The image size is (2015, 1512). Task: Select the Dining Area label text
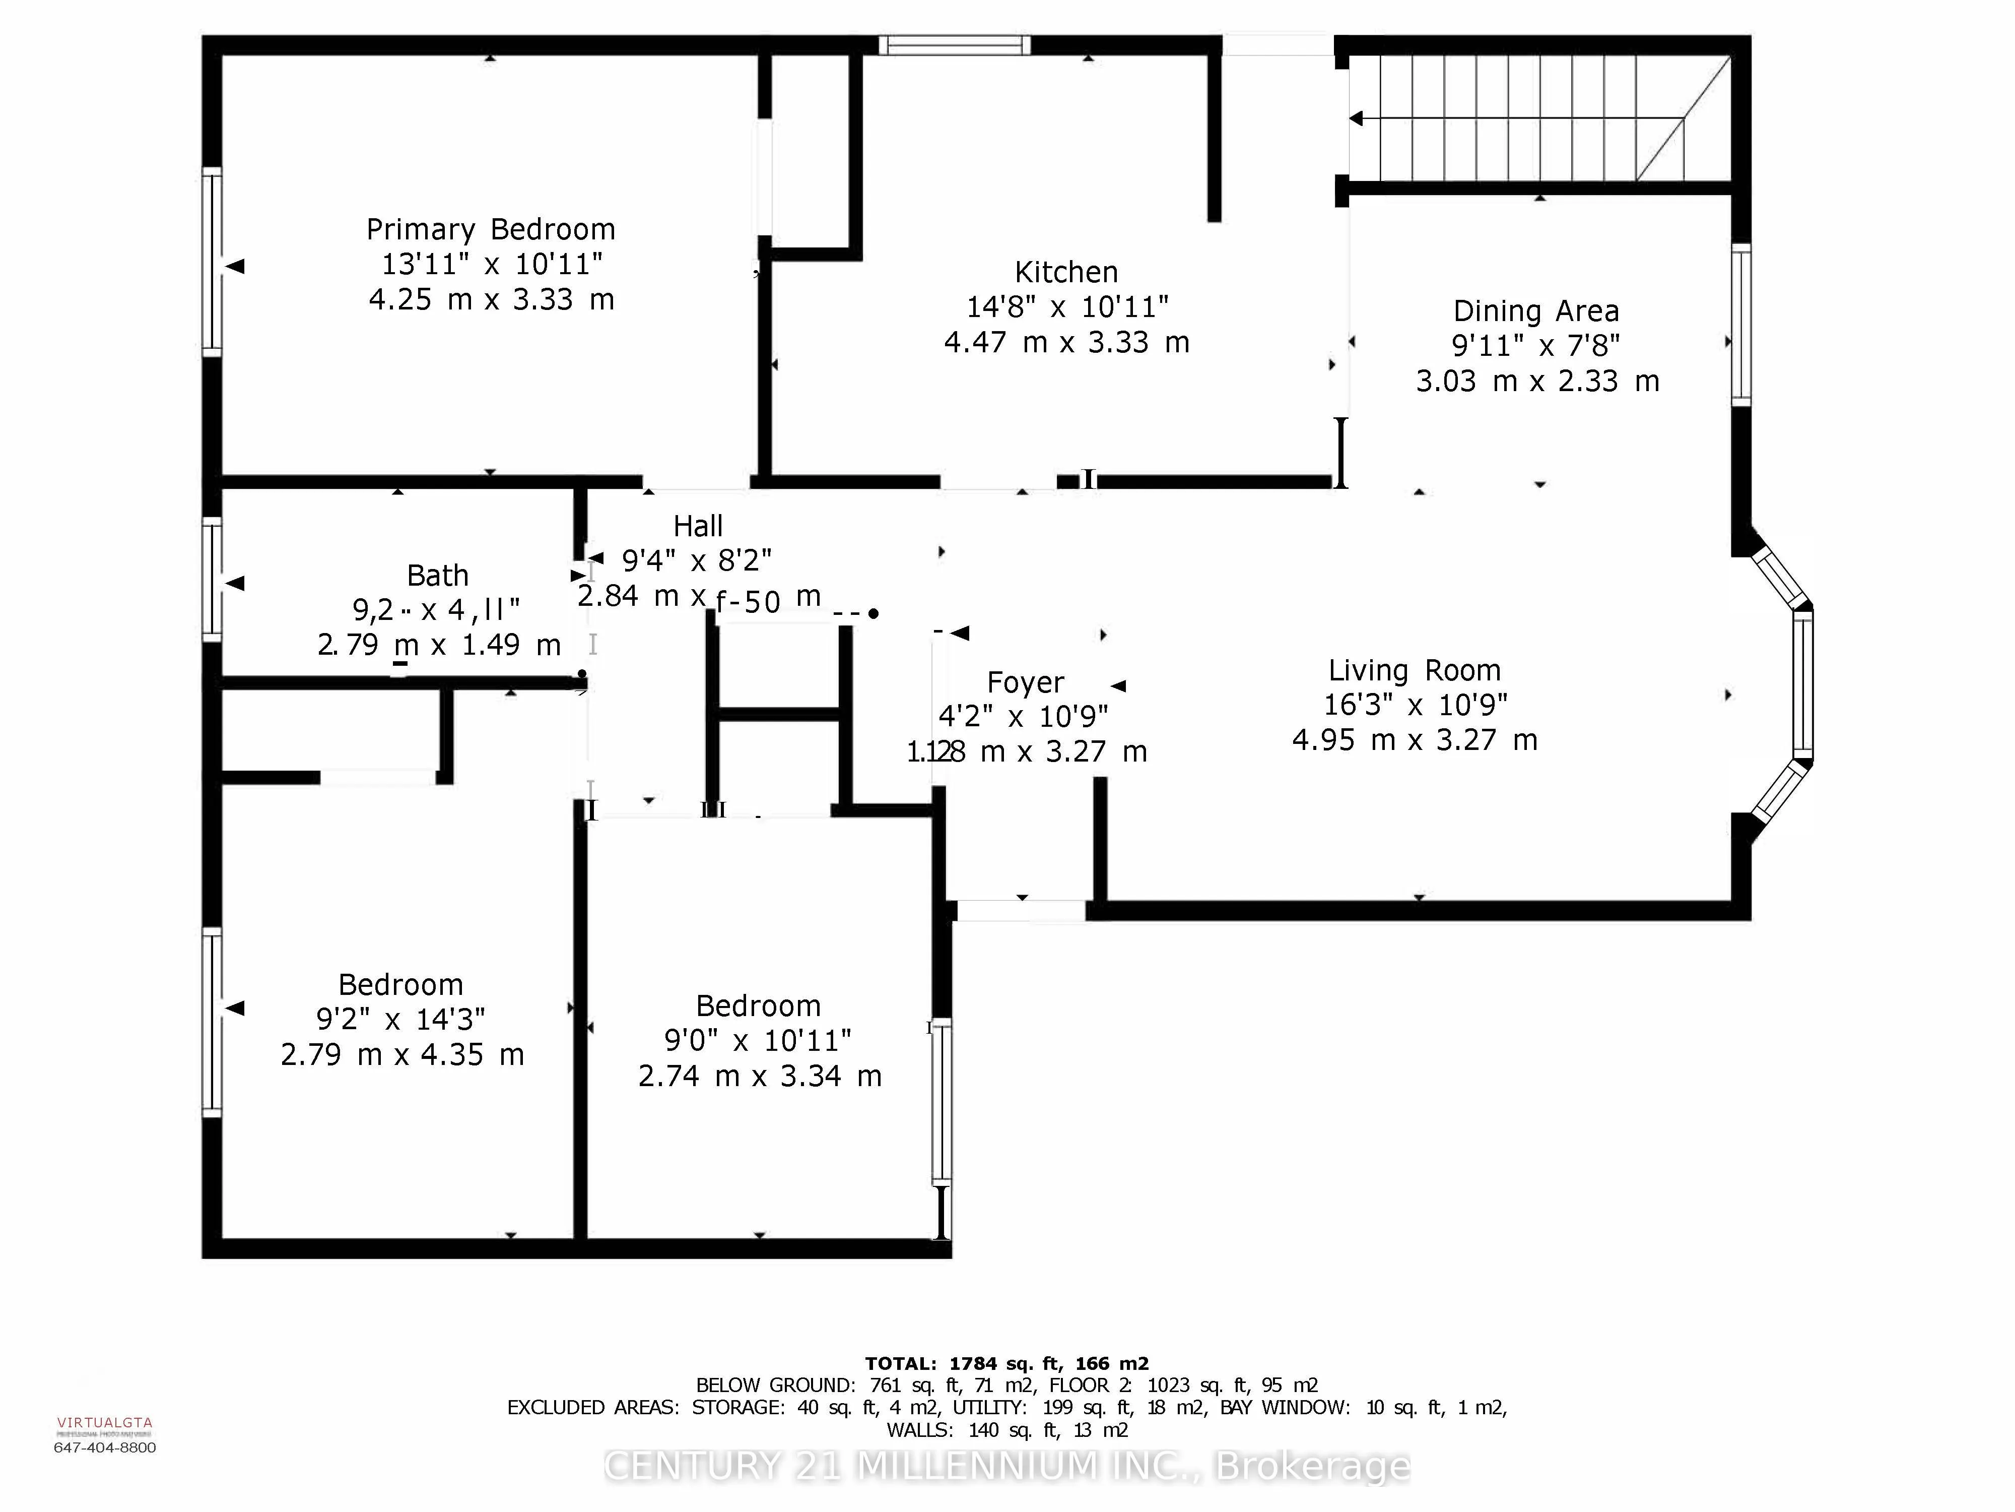pyautogui.click(x=1536, y=311)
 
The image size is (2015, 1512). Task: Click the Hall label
pyautogui.click(x=698, y=526)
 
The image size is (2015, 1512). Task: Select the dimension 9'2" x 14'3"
pyautogui.click(x=401, y=1019)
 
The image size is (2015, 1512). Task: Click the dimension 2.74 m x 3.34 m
pyautogui.click(x=760, y=1077)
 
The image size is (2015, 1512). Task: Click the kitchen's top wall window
pyautogui.click(x=955, y=45)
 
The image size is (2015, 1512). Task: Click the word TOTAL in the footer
pyautogui.click(x=900, y=1363)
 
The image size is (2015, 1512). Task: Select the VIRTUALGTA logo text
pyautogui.click(x=105, y=1422)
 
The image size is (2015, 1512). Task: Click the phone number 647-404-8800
pyautogui.click(x=105, y=1447)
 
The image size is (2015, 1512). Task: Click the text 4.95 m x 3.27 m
pyautogui.click(x=1414, y=740)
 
